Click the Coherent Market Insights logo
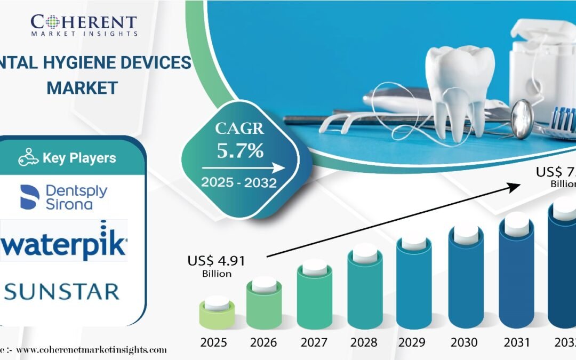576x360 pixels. click(84, 25)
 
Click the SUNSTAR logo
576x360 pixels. click(62, 291)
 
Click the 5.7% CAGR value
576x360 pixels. click(240, 151)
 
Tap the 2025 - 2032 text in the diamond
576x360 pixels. click(238, 182)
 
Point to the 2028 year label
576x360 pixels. click(365, 341)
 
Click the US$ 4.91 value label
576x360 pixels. click(217, 261)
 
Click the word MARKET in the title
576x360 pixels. click(82, 87)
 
